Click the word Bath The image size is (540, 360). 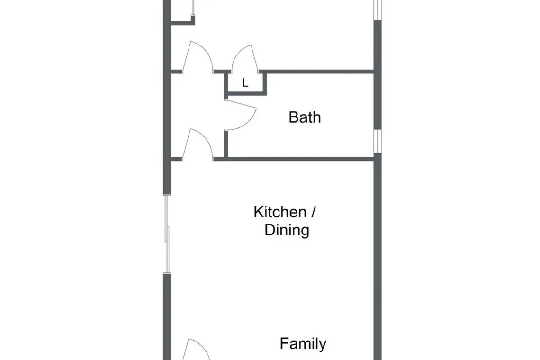click(x=305, y=117)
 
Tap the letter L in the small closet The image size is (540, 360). click(x=245, y=83)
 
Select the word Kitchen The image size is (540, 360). click(x=280, y=212)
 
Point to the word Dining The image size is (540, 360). click(x=287, y=230)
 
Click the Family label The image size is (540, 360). click(x=303, y=343)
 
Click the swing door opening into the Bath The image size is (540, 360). click(x=241, y=115)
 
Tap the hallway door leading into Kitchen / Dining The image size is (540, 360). click(x=198, y=144)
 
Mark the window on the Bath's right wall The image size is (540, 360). click(x=378, y=141)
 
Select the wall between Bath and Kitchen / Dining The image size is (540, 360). click(x=293, y=159)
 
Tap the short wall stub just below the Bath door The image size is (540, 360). click(x=226, y=144)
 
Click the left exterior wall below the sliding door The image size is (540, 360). click(x=167, y=316)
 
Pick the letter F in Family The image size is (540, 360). click(x=284, y=343)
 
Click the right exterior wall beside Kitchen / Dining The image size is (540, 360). click(x=378, y=257)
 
